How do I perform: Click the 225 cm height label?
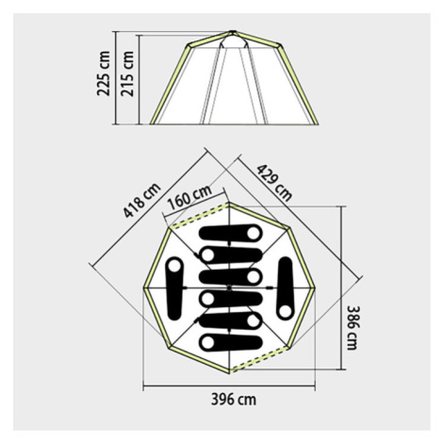click(104, 74)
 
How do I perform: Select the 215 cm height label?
click(127, 74)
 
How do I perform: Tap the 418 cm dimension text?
click(141, 200)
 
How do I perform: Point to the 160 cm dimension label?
click(189, 198)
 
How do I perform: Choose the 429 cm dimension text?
click(274, 182)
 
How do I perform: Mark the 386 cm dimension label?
click(353, 328)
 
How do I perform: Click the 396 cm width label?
click(234, 400)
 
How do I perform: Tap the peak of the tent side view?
click(232, 31)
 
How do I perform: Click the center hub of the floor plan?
click(229, 287)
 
